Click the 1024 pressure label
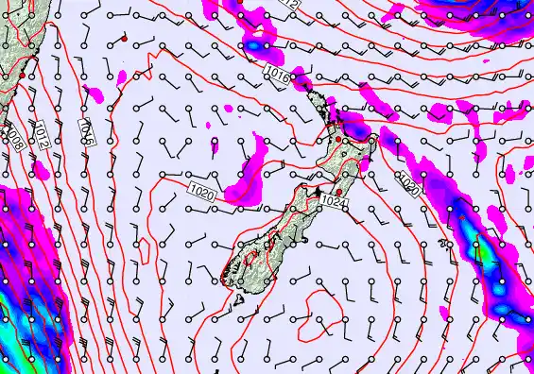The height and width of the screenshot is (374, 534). (333, 202)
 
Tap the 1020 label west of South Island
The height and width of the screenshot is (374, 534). (202, 194)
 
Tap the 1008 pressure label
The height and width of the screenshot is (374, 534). (16, 136)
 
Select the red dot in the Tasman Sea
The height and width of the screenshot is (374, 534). (124, 39)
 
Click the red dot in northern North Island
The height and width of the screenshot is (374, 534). (339, 140)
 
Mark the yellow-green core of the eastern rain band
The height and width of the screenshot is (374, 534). (479, 252)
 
